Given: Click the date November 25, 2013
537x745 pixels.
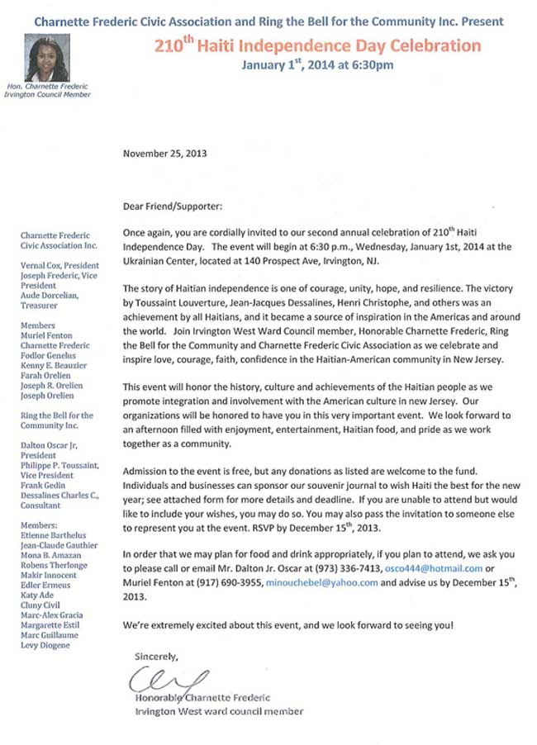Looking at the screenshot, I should tap(164, 154).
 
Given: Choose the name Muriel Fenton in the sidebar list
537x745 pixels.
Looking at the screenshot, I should tap(47, 335).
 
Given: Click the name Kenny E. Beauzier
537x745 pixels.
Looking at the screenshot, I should tap(55, 363).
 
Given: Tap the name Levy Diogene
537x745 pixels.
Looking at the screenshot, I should tap(45, 645).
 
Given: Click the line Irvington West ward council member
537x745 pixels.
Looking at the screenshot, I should tap(219, 711).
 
